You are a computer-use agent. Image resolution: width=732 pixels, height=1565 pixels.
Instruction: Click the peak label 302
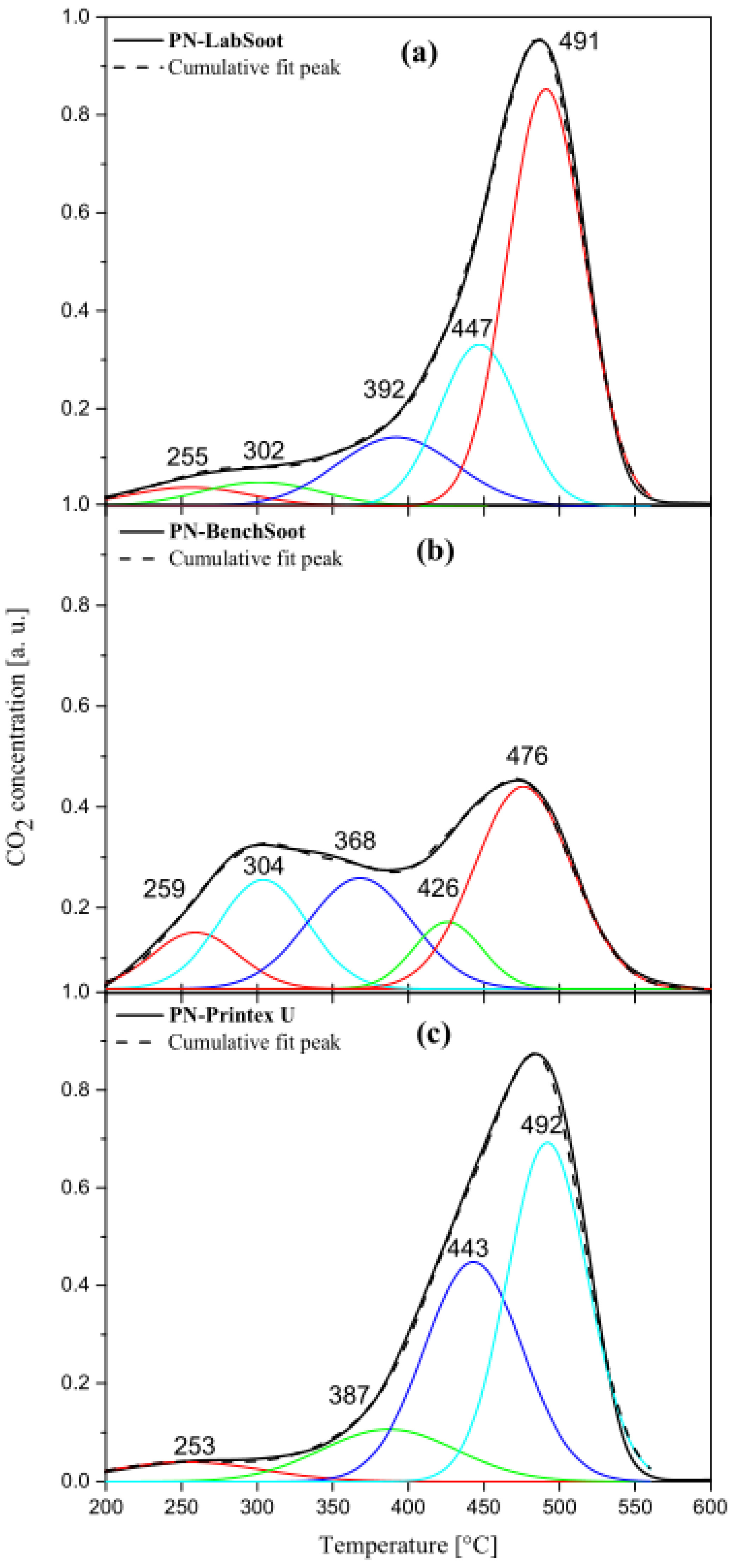(x=263, y=451)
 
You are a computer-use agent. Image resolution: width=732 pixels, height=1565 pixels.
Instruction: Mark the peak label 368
(x=355, y=841)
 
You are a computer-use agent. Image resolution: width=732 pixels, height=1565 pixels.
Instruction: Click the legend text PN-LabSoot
(x=226, y=41)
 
